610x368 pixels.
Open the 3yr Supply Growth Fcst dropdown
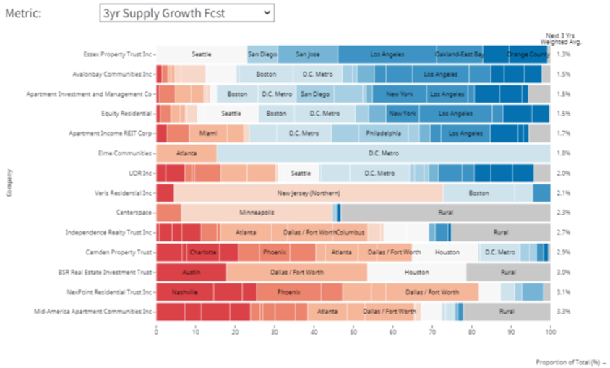tap(186, 12)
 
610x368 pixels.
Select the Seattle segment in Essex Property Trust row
tap(202, 54)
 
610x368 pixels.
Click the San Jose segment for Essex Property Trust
tap(308, 54)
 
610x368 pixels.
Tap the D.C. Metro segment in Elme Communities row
tap(383, 153)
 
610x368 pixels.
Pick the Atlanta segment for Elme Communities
tap(186, 153)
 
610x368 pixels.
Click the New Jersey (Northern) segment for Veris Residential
tap(308, 193)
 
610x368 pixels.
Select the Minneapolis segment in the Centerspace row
tap(257, 213)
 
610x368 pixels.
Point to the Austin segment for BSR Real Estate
tap(191, 273)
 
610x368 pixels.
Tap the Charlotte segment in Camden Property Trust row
tap(203, 252)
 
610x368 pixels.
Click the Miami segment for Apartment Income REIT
tap(208, 134)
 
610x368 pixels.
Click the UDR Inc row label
tap(138, 174)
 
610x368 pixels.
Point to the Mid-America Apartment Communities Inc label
tap(93, 312)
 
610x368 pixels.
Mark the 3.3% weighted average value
tap(564, 312)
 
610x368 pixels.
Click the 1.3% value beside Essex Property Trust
tap(564, 54)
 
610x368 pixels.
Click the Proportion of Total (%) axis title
tap(568, 361)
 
